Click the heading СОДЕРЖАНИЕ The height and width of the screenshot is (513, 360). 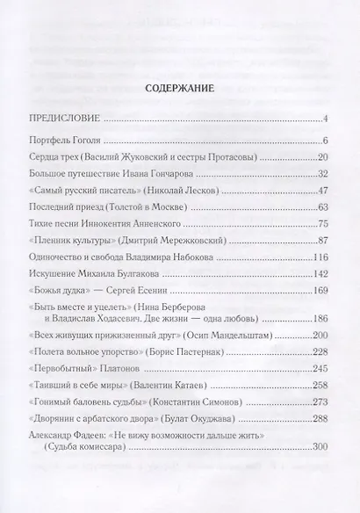[180, 89]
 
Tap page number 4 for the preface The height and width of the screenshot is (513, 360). [325, 119]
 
